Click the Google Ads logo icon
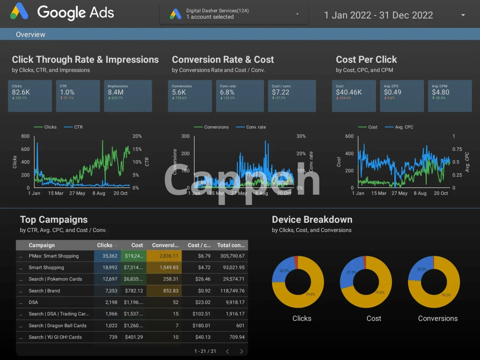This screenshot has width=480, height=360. pos(19,11)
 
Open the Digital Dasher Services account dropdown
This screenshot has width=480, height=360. pos(234,14)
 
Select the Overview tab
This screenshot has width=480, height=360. pos(30,34)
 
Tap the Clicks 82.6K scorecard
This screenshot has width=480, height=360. pos(30,96)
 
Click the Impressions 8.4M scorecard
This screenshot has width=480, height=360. pos(128,96)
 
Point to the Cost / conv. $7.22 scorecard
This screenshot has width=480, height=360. pos(292,96)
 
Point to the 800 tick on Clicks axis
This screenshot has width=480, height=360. pos(25,136)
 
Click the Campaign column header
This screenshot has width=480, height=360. pos(42,245)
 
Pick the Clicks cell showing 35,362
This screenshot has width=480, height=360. pos(108,256)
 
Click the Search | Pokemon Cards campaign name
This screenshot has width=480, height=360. pos(55,279)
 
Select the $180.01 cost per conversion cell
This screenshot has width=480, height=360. pos(202,325)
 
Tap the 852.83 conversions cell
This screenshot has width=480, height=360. pos(165,291)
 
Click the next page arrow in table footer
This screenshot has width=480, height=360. pos(242,351)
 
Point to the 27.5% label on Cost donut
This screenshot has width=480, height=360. pos(351,272)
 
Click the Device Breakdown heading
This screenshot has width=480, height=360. pos(312,219)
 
